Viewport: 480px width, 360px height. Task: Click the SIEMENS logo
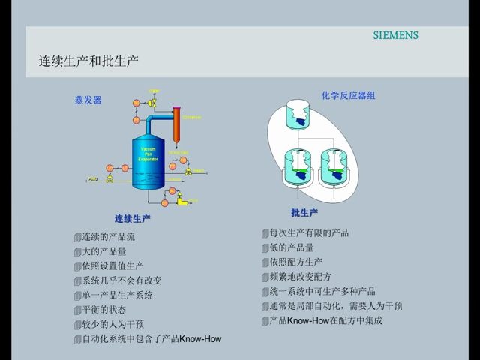[396, 35]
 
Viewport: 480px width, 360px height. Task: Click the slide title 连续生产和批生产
[88, 61]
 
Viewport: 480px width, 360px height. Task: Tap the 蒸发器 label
[88, 100]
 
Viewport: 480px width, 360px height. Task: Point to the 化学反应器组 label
[348, 95]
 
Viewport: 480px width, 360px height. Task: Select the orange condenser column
[178, 124]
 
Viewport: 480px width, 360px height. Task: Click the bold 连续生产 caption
[133, 219]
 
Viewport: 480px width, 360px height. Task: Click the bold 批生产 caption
[304, 213]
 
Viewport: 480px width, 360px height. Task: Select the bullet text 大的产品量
[103, 251]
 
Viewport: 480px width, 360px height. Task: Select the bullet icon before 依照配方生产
[265, 262]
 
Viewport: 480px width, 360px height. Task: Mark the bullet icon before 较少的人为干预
[77, 325]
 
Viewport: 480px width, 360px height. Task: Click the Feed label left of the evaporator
[94, 180]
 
